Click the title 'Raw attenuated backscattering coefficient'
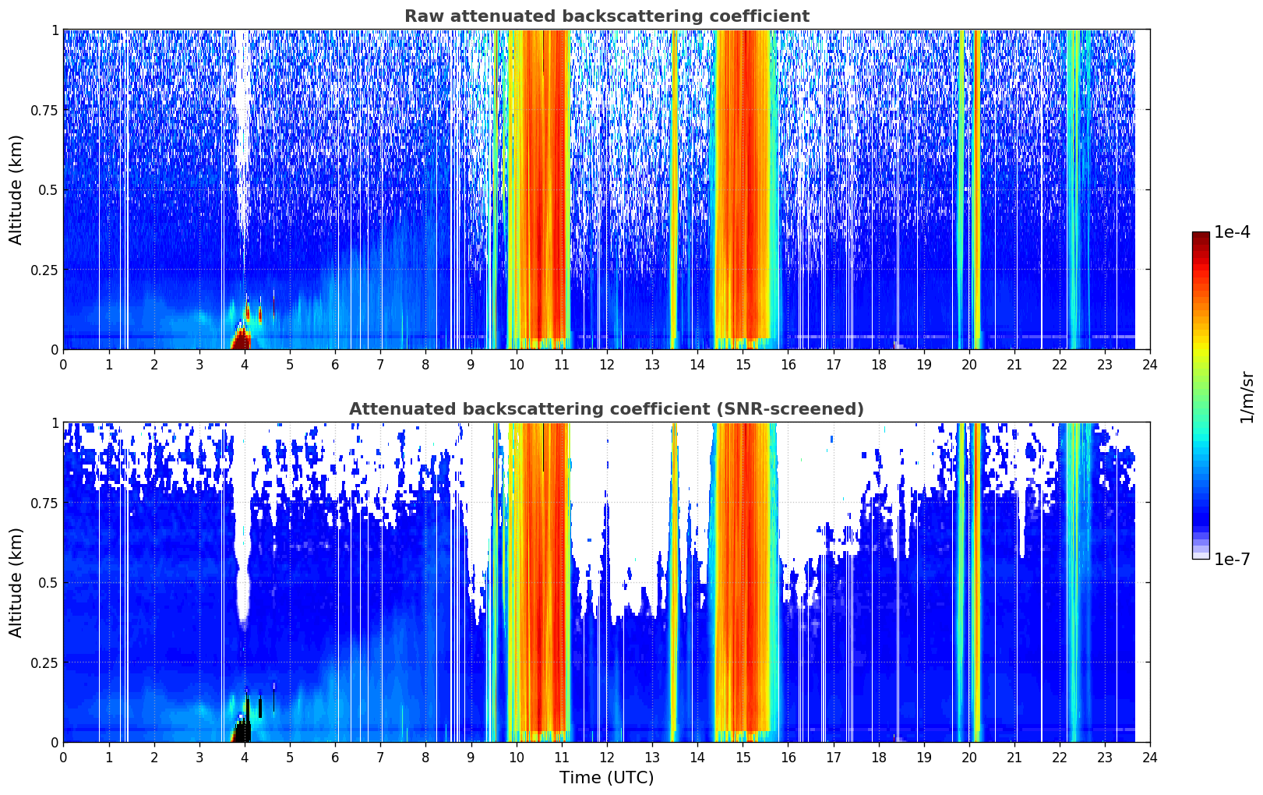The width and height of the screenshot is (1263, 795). (607, 16)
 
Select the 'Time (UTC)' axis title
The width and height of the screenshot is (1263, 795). (607, 778)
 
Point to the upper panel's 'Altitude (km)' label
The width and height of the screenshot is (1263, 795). (16, 190)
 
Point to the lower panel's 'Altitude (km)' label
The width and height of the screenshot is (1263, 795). (16, 582)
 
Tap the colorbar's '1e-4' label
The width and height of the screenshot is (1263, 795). (1232, 231)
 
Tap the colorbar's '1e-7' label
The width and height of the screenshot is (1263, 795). (1232, 560)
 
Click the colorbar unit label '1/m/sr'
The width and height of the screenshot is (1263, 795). (1247, 397)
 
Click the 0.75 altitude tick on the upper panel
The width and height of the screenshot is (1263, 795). (44, 111)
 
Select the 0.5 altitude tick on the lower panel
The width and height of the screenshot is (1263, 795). (48, 583)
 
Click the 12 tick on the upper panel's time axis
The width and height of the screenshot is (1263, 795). (607, 365)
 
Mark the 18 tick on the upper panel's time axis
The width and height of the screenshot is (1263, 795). (878, 365)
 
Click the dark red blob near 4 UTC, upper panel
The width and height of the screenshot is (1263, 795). (242, 340)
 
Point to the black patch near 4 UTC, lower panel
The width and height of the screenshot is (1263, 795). (242, 731)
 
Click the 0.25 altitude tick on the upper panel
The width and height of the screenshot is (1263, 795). (44, 270)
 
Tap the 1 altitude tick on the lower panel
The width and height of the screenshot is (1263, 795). (55, 423)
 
